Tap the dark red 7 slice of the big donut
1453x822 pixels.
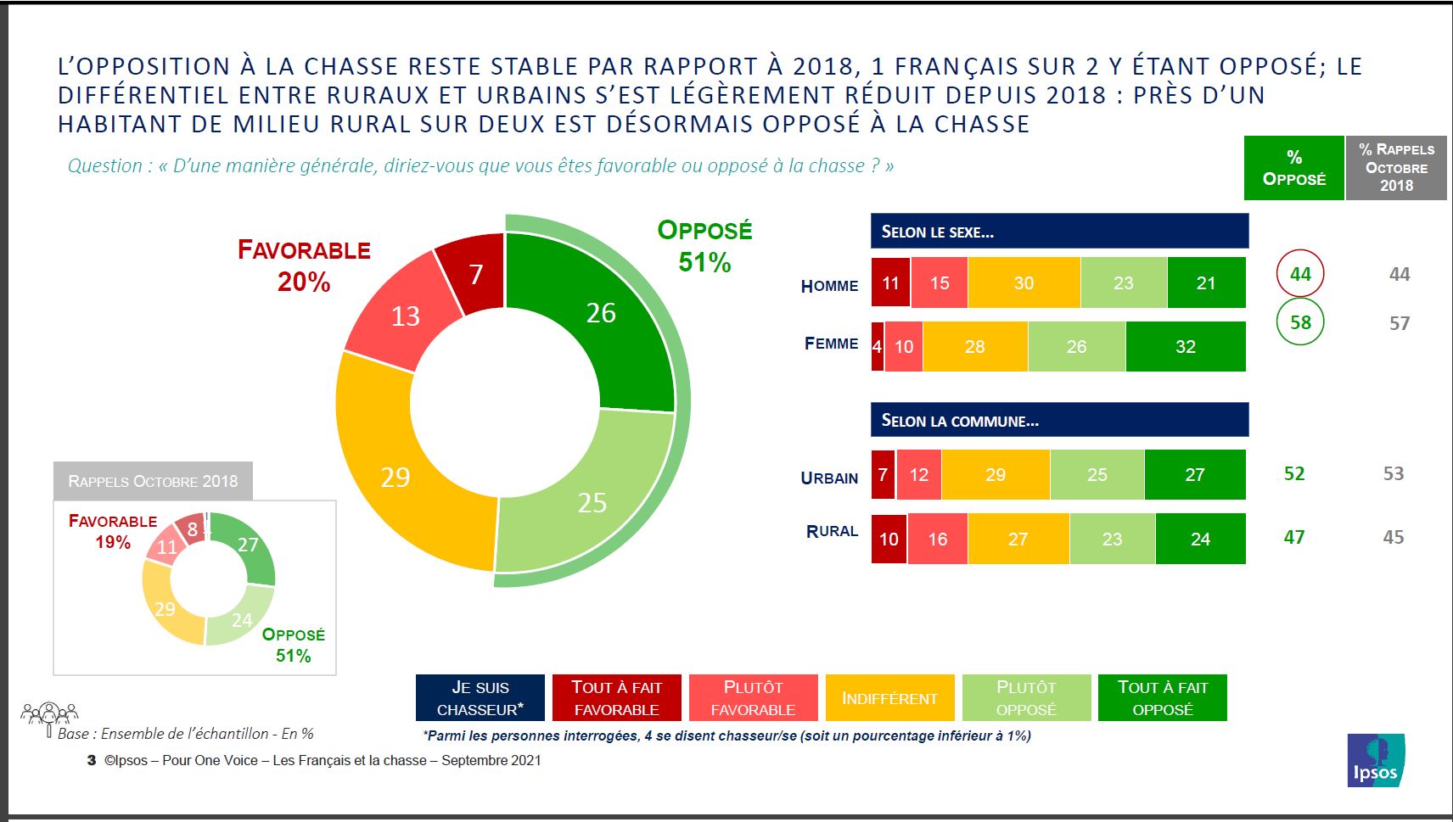475,273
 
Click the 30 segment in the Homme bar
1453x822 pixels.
1024,283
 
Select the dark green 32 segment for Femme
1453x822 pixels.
1186,346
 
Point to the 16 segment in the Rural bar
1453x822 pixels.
937,539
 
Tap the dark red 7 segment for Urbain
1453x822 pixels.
883,474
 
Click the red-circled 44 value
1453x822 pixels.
1300,274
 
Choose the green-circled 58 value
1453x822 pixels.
1300,322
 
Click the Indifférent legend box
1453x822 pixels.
889,698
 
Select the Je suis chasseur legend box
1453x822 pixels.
480,698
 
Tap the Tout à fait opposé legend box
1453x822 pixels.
1163,698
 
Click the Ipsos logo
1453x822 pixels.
1375,760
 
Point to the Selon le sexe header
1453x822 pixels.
1059,231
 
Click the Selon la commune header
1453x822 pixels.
1059,420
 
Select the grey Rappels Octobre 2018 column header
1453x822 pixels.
1396,168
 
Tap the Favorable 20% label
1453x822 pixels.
304,266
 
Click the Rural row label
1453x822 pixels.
832,532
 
